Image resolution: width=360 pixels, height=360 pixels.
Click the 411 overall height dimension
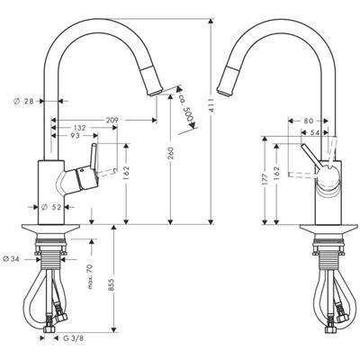point(211,105)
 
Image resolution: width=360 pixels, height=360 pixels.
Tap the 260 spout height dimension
point(170,153)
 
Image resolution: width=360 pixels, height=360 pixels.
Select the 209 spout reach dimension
point(112,120)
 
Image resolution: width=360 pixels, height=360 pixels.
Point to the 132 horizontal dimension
point(79,128)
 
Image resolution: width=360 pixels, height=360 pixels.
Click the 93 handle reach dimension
point(76,136)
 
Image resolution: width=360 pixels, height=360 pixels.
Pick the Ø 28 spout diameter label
point(23,101)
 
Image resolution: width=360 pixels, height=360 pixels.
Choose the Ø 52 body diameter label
point(51,207)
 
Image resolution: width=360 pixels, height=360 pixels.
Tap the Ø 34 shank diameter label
point(11,259)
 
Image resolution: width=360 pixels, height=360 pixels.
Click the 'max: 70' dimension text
point(91,276)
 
